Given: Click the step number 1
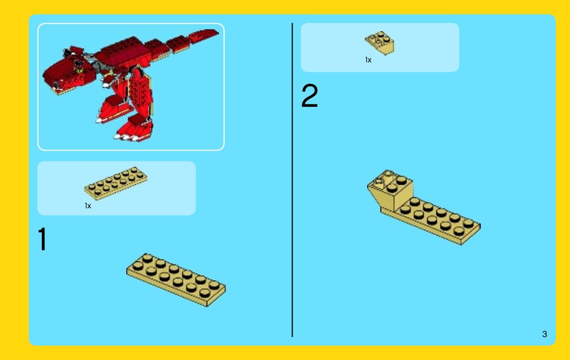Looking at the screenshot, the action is [42, 239].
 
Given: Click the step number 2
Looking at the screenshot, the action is [310, 96].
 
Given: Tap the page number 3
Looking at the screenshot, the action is [545, 334].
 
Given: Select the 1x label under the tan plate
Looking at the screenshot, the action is [88, 206].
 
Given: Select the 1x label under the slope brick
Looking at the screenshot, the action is [368, 60].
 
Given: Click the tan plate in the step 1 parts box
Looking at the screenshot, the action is [116, 183].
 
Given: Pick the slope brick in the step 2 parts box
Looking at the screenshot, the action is [380, 42].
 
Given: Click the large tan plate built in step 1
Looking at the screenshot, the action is [176, 280].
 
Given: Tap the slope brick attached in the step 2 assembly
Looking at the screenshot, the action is [391, 190].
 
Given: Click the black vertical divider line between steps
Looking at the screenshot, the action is [292, 180].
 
